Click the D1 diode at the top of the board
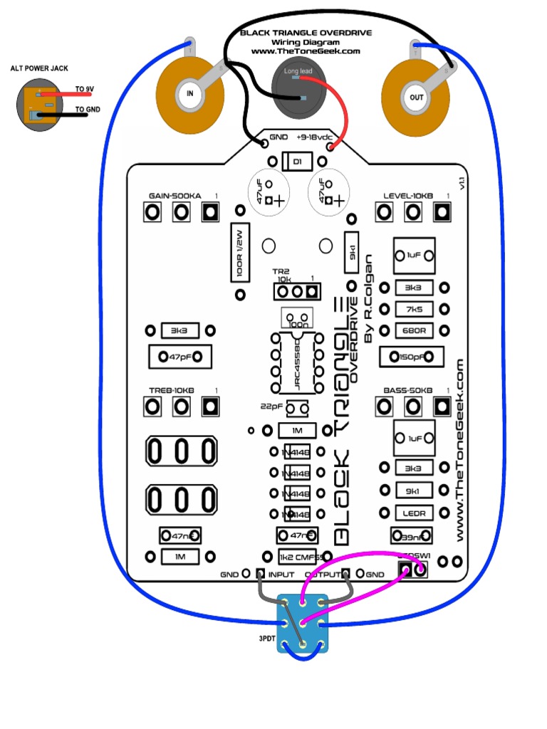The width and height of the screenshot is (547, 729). click(296, 162)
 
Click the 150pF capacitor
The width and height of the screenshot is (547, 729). click(413, 357)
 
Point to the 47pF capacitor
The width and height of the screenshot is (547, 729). click(180, 357)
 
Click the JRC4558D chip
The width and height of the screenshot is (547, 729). click(296, 362)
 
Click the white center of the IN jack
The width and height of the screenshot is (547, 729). click(189, 93)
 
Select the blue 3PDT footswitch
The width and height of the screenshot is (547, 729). click(303, 624)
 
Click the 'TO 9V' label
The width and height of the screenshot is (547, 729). click(85, 90)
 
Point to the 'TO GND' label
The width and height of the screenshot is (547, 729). click(88, 110)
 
